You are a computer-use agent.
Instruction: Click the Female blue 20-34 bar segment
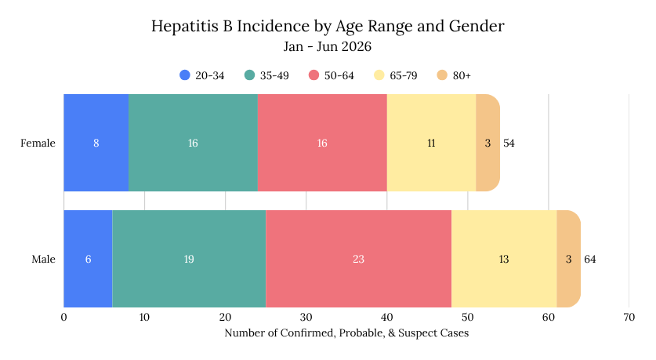(x=96, y=143)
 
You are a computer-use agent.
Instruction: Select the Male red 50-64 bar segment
(x=358, y=259)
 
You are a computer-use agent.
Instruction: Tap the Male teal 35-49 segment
(x=189, y=259)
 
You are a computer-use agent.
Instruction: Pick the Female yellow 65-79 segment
(x=431, y=143)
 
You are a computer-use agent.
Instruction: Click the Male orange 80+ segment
(x=568, y=259)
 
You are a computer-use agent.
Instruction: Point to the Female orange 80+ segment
(x=487, y=143)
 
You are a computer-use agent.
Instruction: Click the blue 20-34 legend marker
(x=185, y=75)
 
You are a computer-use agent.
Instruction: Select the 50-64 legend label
(x=339, y=76)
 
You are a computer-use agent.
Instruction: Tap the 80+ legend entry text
(x=462, y=76)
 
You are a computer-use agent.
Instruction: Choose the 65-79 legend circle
(x=379, y=75)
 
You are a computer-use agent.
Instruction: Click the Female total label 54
(x=509, y=144)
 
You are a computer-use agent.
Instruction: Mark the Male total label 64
(x=590, y=259)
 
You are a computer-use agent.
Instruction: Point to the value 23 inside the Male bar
(x=358, y=259)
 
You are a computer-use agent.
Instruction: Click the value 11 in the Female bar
(x=431, y=144)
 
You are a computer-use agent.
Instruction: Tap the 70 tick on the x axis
(x=629, y=318)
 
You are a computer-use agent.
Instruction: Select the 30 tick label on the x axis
(x=306, y=318)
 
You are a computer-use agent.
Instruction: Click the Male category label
(x=44, y=259)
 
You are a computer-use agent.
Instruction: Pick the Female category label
(x=38, y=144)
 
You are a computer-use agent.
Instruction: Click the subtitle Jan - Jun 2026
(x=328, y=46)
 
